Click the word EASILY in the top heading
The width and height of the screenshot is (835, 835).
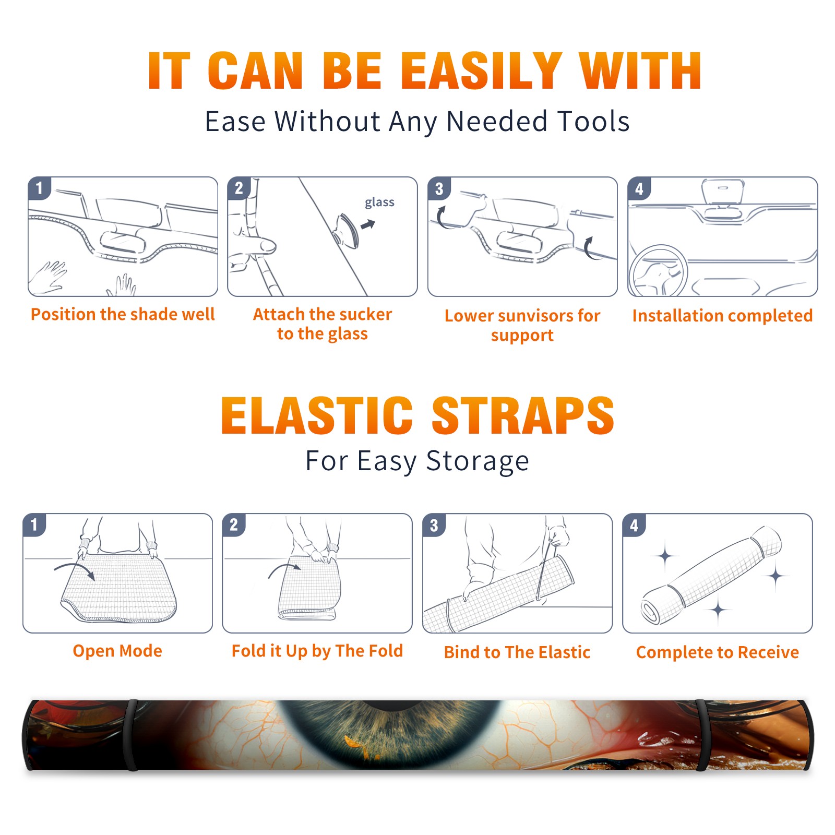(481, 71)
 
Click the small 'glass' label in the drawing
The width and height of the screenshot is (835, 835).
(379, 202)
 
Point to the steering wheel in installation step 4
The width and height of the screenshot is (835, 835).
(658, 271)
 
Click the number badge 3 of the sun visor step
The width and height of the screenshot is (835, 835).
(439, 188)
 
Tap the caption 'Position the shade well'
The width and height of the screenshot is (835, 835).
(123, 314)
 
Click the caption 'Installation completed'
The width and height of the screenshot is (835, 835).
(722, 316)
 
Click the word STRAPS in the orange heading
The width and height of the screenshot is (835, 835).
(523, 415)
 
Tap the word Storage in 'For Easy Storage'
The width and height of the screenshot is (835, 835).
(478, 461)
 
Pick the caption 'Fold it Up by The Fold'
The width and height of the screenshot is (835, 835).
(317, 651)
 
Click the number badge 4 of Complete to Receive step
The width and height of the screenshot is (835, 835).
(634, 525)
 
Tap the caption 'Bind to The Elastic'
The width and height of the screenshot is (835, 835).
(517, 652)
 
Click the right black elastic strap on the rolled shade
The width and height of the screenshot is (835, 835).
(702, 735)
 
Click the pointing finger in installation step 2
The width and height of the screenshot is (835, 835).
(256, 245)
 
